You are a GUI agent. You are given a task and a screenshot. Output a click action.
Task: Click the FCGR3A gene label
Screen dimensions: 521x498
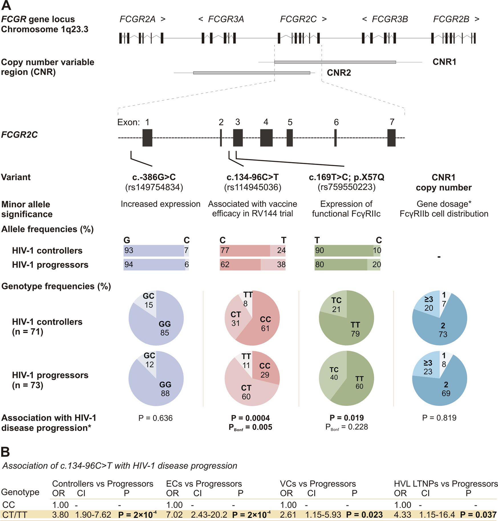pos(226,19)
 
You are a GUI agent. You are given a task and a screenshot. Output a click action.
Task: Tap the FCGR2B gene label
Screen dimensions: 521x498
pos(451,19)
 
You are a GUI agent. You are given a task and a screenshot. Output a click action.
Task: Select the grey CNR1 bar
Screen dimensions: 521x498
pos(335,62)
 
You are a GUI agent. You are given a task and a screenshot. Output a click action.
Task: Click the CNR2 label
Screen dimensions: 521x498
pos(339,73)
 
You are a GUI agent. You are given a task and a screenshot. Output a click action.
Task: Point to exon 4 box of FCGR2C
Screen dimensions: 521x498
pos(266,138)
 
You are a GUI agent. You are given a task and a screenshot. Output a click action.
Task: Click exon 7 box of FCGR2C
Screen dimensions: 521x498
pos(391,138)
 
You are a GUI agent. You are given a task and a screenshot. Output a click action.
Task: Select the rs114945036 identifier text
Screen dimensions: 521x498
pos(252,187)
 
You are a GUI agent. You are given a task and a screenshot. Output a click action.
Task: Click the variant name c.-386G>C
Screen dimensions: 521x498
pos(154,177)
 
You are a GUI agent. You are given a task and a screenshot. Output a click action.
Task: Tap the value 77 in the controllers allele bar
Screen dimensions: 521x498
pos(225,250)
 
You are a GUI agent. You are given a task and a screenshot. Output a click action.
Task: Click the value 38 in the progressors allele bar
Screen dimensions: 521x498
pos(281,265)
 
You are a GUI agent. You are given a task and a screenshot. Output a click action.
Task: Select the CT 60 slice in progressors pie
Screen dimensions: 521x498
pos(246,392)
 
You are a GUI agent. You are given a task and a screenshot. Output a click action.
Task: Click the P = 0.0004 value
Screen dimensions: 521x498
pos(250,418)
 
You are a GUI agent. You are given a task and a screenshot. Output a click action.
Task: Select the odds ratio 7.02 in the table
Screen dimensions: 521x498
pos(174,515)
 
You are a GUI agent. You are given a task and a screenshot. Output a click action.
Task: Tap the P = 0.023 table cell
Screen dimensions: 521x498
pos(364,515)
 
